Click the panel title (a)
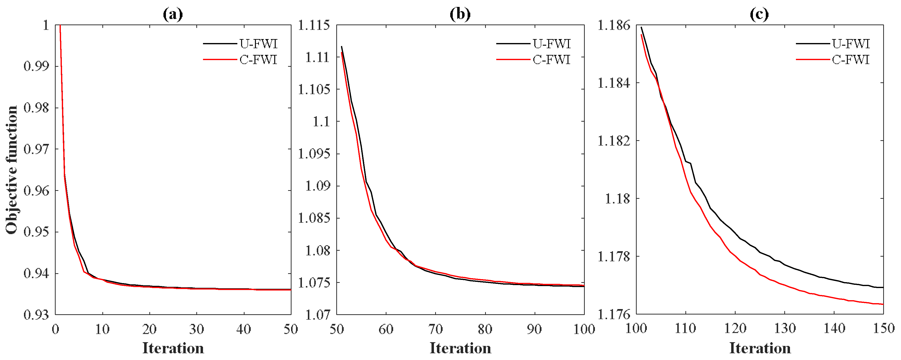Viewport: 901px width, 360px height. (173, 14)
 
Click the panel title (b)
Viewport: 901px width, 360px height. (460, 14)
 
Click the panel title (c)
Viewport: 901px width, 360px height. (759, 14)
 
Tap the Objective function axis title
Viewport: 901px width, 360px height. (12, 170)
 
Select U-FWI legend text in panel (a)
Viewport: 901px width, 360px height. (258, 44)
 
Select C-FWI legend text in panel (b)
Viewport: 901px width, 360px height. (552, 60)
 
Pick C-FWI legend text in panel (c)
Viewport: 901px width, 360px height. (851, 60)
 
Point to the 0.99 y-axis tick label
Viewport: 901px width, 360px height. (36, 66)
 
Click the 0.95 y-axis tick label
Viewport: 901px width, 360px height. (36, 232)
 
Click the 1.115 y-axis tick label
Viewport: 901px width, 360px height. (314, 25)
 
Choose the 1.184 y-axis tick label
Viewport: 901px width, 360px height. (614, 83)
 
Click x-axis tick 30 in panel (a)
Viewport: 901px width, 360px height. (197, 329)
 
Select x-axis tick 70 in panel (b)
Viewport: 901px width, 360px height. (435, 329)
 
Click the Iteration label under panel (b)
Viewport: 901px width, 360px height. (460, 348)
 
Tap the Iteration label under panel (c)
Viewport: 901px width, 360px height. (760, 348)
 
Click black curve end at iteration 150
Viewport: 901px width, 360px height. (883, 288)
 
